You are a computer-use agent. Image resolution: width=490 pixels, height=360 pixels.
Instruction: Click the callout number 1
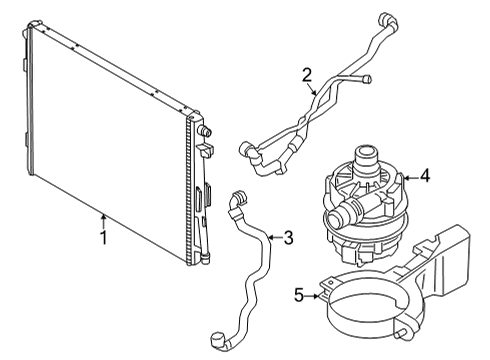[x=102, y=239]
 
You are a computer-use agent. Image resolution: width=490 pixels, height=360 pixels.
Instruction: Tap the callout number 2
[x=307, y=73]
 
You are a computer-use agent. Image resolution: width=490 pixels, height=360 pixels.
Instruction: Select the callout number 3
[x=288, y=237]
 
